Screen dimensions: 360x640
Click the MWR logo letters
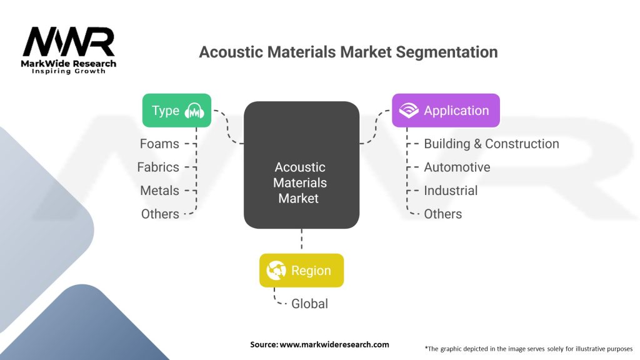[69, 42]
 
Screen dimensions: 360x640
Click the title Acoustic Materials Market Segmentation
[348, 52]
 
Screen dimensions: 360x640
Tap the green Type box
[177, 111]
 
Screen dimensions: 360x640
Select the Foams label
[159, 144]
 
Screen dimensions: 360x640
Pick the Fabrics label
[158, 167]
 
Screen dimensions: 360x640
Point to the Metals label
[159, 191]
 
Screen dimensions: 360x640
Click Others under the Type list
[160, 214]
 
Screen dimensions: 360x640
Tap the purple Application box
[446, 111]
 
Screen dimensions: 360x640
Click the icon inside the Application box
[409, 111]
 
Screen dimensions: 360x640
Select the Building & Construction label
[491, 144]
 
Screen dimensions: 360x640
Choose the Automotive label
[457, 167]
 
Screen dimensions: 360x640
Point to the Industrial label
[451, 191]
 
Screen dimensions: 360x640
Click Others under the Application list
[442, 214]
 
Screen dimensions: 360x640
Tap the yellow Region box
[301, 271]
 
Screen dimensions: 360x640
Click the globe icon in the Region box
[276, 271]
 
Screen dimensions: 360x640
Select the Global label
[309, 304]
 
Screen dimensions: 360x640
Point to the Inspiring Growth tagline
[69, 71]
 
